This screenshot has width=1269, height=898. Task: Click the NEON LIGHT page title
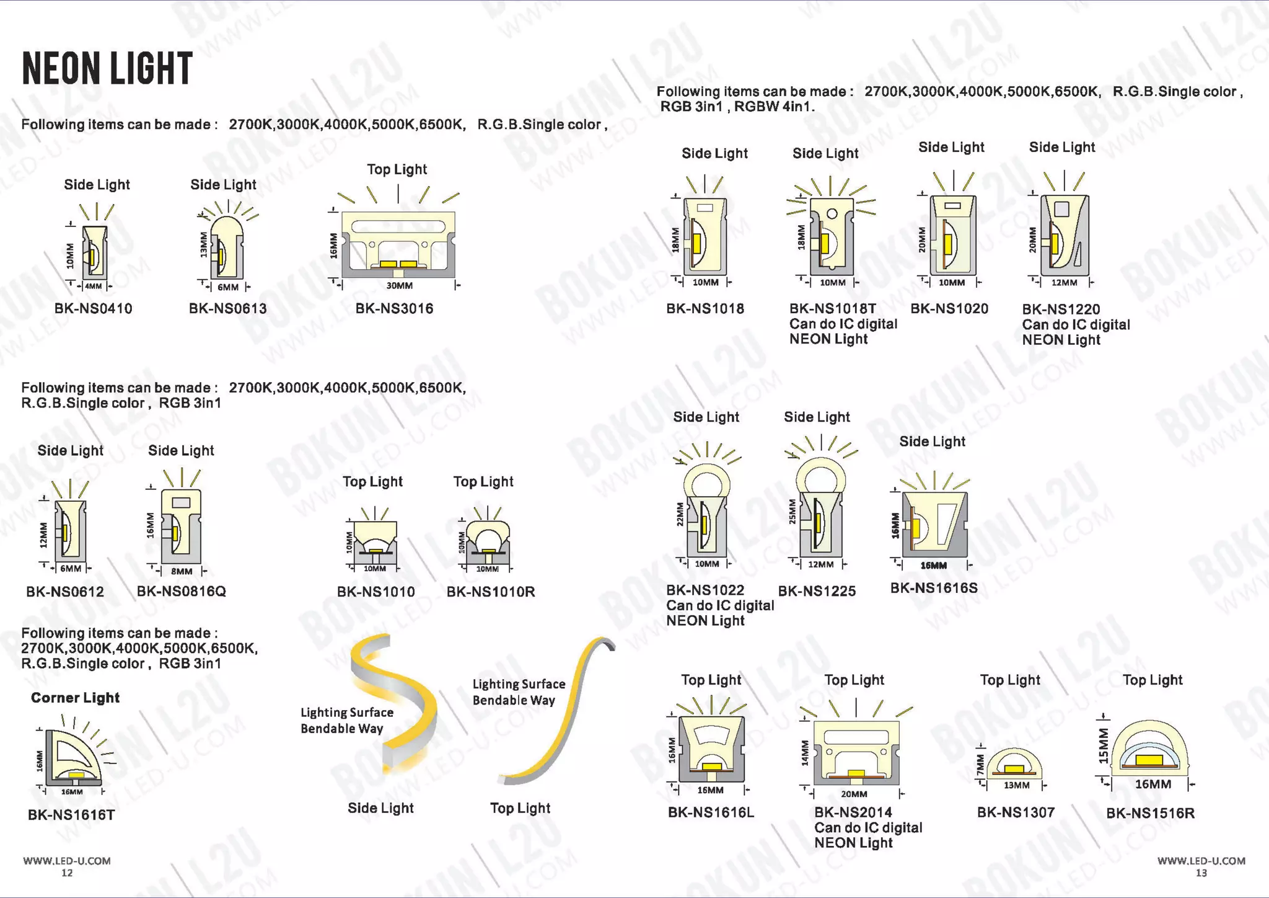(x=107, y=68)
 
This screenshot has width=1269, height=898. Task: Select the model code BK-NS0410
(x=93, y=308)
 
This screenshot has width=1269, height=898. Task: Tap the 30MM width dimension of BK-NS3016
(x=399, y=286)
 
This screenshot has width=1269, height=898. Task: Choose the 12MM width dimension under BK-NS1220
(x=1064, y=283)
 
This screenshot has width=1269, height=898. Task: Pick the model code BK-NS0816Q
(x=181, y=591)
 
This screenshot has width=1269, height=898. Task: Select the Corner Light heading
(x=75, y=698)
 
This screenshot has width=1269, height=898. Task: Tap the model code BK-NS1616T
(x=71, y=815)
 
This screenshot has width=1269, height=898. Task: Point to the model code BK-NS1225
(x=817, y=591)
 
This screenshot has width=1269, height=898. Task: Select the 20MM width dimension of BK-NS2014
(x=854, y=794)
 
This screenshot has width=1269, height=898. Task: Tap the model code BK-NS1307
(x=1016, y=812)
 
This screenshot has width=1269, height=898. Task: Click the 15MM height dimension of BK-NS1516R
(x=1103, y=745)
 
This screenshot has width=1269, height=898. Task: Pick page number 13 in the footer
(x=1201, y=873)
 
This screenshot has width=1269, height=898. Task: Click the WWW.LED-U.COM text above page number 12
(x=67, y=861)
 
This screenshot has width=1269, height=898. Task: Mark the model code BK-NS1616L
(x=711, y=812)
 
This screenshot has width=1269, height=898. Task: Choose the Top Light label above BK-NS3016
(x=397, y=169)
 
